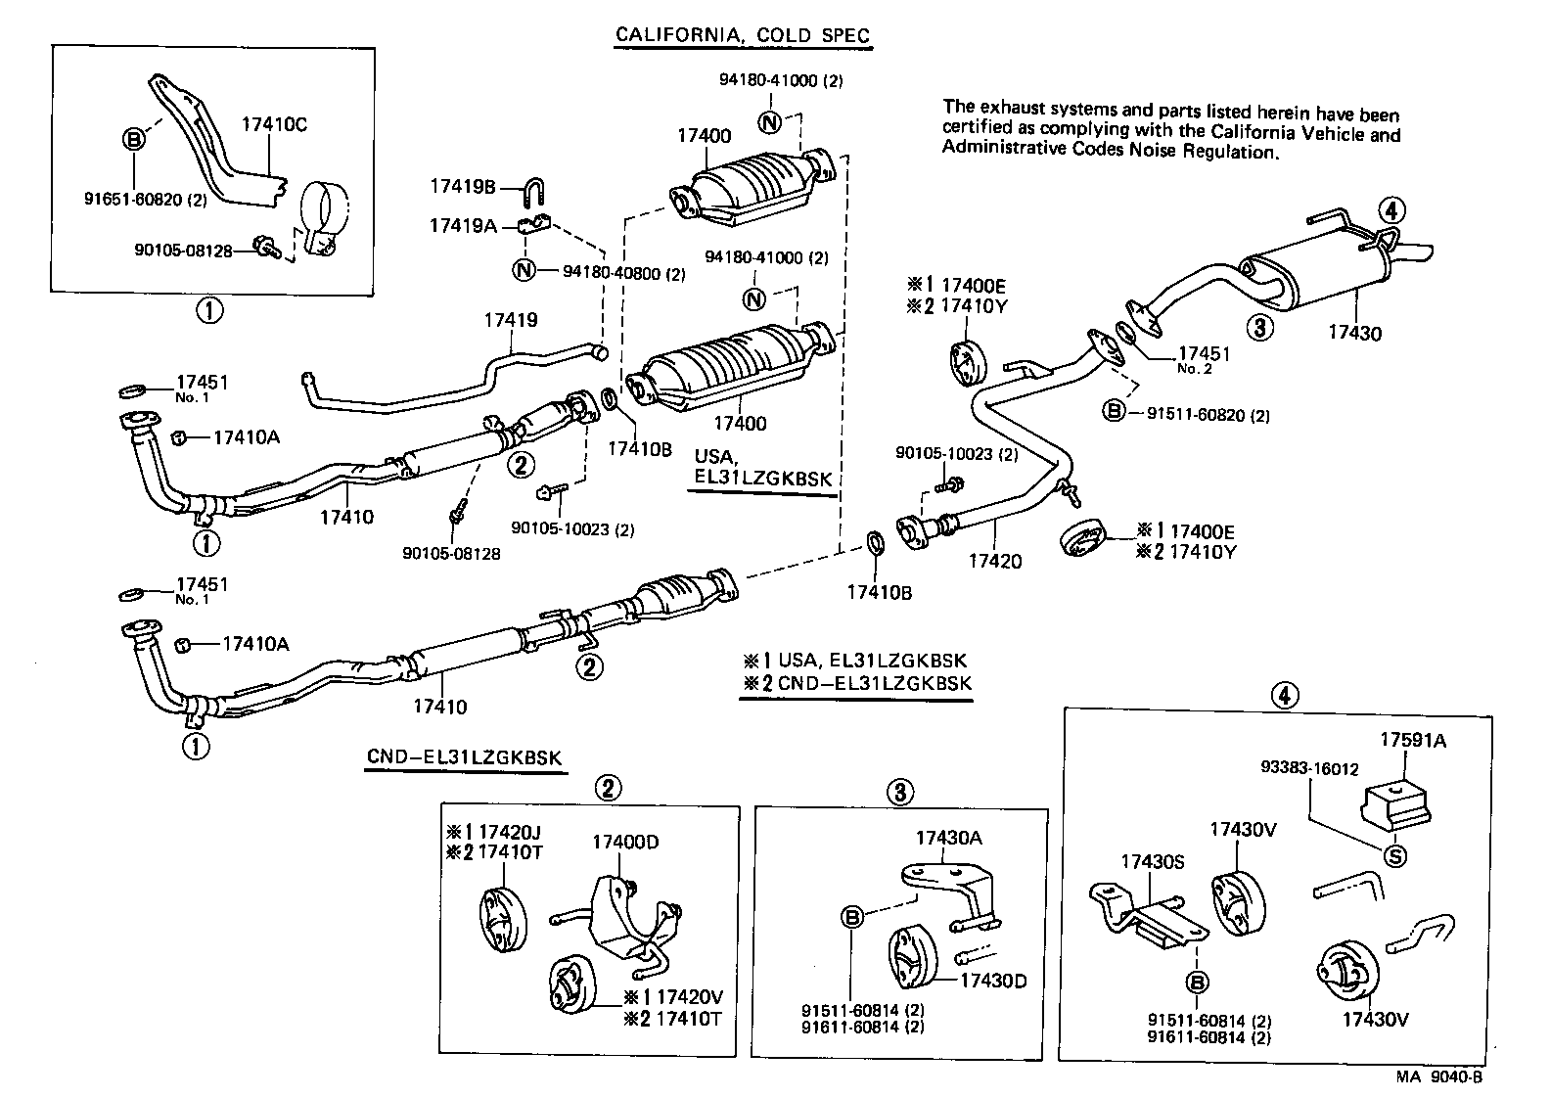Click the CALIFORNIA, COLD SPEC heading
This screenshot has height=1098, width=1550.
click(742, 35)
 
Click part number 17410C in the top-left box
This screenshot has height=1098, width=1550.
click(274, 125)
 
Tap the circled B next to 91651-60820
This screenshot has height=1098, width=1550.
click(134, 140)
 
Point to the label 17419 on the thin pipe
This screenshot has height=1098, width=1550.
click(511, 321)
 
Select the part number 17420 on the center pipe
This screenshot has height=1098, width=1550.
click(994, 561)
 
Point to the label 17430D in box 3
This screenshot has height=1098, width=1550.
click(992, 980)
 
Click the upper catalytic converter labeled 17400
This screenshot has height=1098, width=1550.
click(753, 181)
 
